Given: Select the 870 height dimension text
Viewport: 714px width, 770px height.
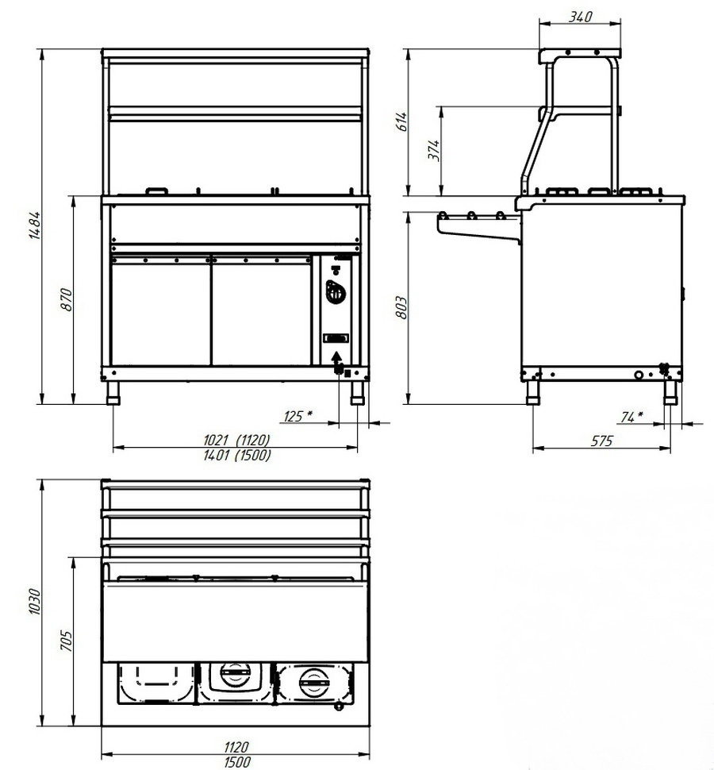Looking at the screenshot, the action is coord(67,299).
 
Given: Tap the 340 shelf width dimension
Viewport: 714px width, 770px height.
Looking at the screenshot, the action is coord(581,17).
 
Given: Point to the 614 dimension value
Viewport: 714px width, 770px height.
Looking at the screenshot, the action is coord(401,121).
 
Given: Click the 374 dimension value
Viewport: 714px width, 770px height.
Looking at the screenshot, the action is coord(435,150).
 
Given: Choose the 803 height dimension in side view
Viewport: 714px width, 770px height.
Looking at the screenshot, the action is coord(401,307).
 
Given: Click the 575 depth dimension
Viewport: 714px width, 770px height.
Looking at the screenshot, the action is coord(601,441).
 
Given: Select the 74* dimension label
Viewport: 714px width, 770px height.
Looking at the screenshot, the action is coord(631,417).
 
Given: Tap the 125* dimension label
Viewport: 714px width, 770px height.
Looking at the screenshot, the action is coord(297,417).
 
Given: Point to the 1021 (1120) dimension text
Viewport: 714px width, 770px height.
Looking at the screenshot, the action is coord(236,440).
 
